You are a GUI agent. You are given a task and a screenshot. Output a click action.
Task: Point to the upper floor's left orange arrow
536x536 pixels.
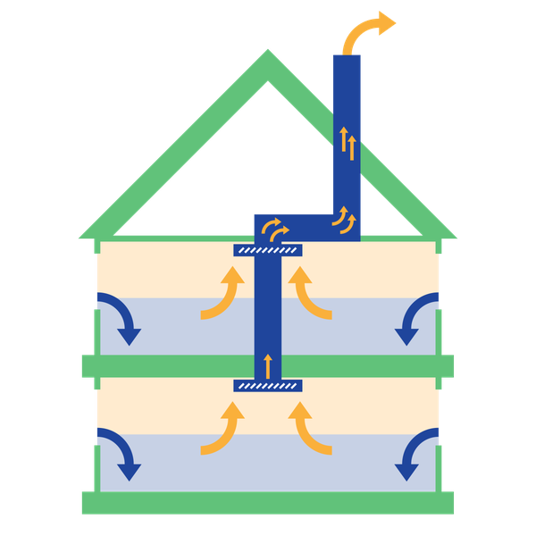coord(224,295)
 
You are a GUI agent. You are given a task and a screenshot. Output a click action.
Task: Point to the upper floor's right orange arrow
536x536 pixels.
coord(310,295)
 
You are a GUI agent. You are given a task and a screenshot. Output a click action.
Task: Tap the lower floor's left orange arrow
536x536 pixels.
coord(224,429)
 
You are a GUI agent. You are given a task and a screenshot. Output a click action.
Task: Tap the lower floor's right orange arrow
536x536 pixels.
coord(310,429)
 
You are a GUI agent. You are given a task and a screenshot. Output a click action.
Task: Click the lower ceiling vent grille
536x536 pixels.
coord(268,386)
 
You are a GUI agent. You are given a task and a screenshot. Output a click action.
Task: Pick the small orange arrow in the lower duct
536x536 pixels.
coord(267,365)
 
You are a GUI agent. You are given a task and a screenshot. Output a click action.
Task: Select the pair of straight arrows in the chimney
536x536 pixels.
coord(346,143)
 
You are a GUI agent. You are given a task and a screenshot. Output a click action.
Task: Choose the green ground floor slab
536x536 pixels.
coord(268,503)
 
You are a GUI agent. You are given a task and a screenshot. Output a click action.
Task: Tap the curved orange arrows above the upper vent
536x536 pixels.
coord(278,230)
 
